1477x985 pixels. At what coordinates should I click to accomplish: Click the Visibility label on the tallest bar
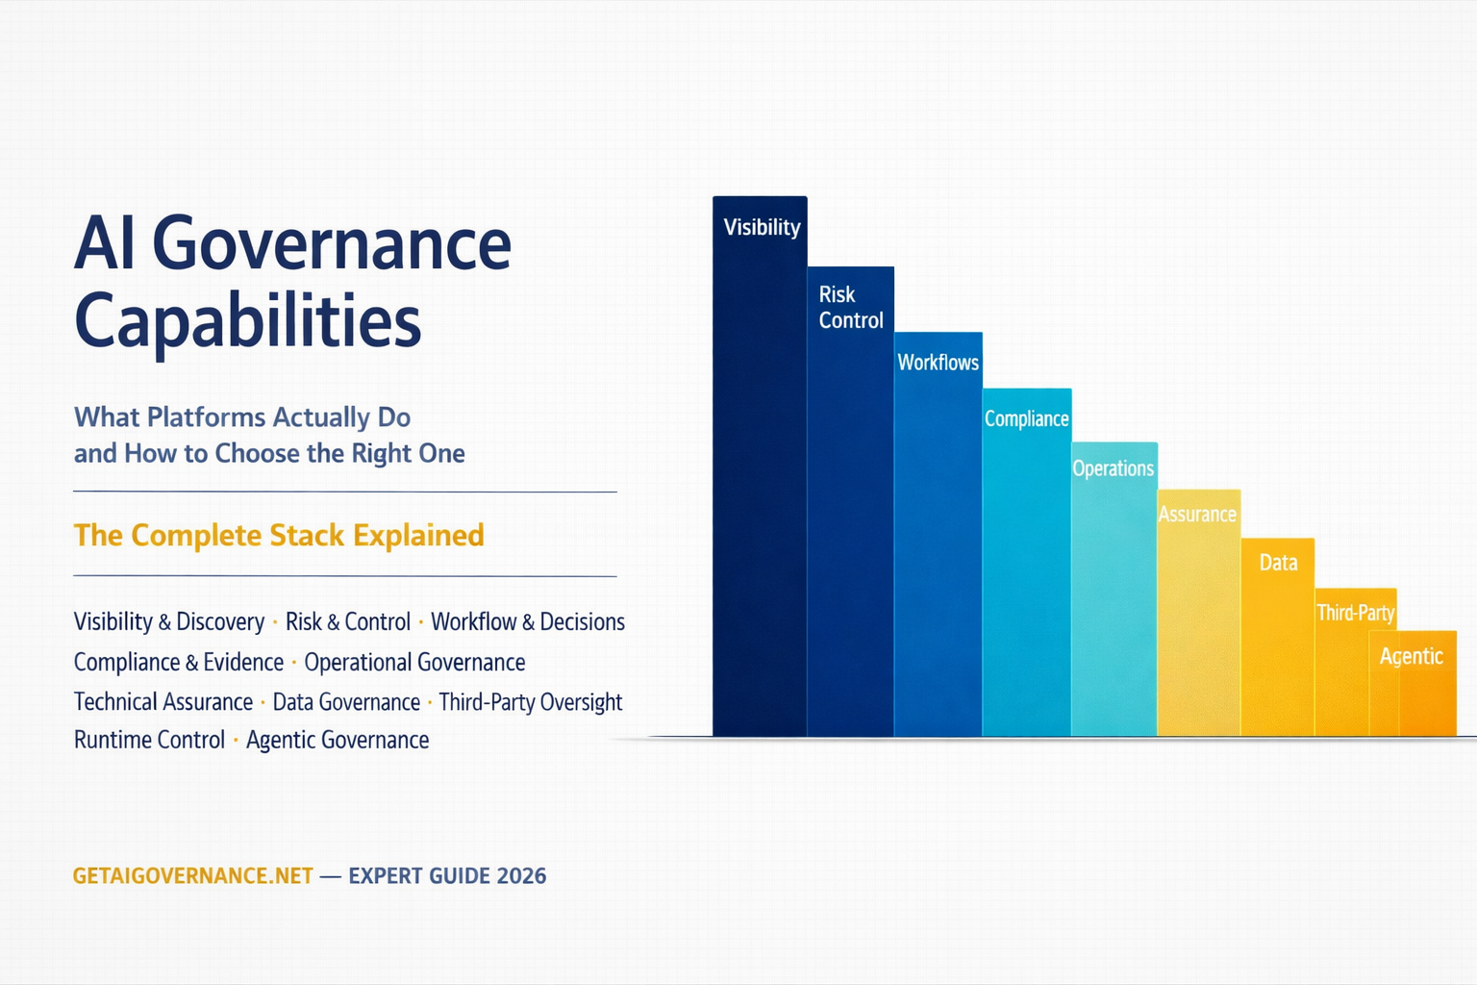[762, 227]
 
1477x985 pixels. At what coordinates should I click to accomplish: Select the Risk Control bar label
[850, 308]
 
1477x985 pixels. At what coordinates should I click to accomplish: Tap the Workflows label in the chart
[938, 363]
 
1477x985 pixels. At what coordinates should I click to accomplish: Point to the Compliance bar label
[1026, 419]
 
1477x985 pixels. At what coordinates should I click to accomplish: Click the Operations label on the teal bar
[1113, 468]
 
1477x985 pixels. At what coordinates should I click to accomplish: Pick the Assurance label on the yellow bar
[1196, 515]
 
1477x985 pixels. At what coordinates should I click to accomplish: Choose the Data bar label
[1278, 563]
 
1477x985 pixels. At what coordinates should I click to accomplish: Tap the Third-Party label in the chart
[1355, 613]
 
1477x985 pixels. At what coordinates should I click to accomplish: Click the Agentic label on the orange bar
[1411, 656]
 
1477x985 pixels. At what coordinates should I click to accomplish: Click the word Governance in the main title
[332, 244]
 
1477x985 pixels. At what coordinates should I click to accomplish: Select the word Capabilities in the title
[248, 321]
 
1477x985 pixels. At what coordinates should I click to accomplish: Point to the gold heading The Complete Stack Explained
[279, 536]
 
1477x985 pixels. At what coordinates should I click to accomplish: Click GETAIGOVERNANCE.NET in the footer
[193, 876]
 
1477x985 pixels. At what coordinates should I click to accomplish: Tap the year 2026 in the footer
[521, 876]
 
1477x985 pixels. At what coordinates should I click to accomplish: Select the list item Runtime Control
[149, 740]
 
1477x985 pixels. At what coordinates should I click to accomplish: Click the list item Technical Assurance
[163, 702]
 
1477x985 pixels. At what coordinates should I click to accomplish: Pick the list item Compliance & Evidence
[179, 663]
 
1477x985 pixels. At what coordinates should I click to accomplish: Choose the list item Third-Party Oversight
[531, 702]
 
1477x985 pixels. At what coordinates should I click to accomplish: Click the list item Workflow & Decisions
[528, 622]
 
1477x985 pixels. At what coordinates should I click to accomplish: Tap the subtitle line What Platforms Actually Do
[242, 417]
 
